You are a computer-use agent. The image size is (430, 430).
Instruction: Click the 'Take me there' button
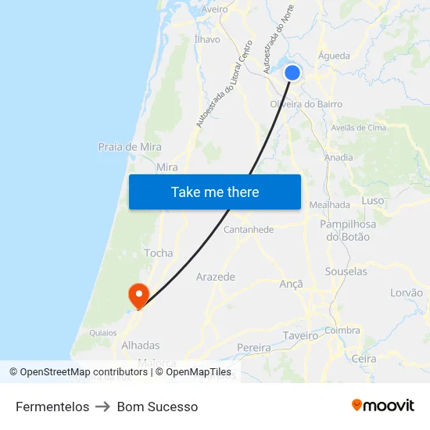coord(215,192)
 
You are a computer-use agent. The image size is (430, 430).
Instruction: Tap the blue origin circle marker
coord(292,73)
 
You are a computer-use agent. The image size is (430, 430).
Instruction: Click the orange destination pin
coord(139,295)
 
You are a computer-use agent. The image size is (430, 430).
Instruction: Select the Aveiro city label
coord(214,9)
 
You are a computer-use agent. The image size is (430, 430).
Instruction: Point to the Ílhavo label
coord(207,39)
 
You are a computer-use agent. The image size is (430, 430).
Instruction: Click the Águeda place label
coord(335,56)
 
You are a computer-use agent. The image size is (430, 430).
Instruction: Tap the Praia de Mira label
coord(130,146)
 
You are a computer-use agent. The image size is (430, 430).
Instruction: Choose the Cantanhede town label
coord(249,230)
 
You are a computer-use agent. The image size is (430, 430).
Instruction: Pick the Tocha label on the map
coord(159,253)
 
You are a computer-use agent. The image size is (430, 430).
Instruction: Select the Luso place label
coord(373,201)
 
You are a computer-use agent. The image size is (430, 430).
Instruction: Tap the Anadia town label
coord(338,157)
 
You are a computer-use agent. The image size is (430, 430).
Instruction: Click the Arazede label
coord(215,277)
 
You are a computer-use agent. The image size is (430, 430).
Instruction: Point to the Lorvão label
coord(406,292)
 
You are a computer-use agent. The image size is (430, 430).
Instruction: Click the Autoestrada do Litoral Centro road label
coord(224,84)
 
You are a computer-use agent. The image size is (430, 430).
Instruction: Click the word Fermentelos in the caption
coord(52,407)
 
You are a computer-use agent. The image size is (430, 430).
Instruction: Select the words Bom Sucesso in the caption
coord(157,407)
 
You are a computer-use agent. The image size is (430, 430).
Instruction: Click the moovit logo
coord(383,405)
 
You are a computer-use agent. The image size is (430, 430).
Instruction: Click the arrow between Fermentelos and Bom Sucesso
coord(103,407)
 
